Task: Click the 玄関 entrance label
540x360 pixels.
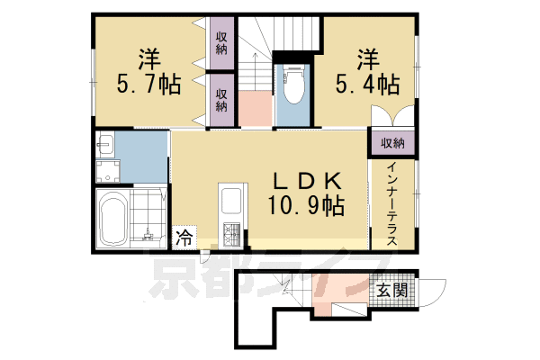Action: point(391,291)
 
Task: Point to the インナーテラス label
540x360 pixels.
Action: point(393,197)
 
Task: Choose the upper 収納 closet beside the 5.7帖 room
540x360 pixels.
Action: point(221,43)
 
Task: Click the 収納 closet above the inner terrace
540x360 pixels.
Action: point(391,142)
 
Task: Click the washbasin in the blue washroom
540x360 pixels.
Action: point(105,147)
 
